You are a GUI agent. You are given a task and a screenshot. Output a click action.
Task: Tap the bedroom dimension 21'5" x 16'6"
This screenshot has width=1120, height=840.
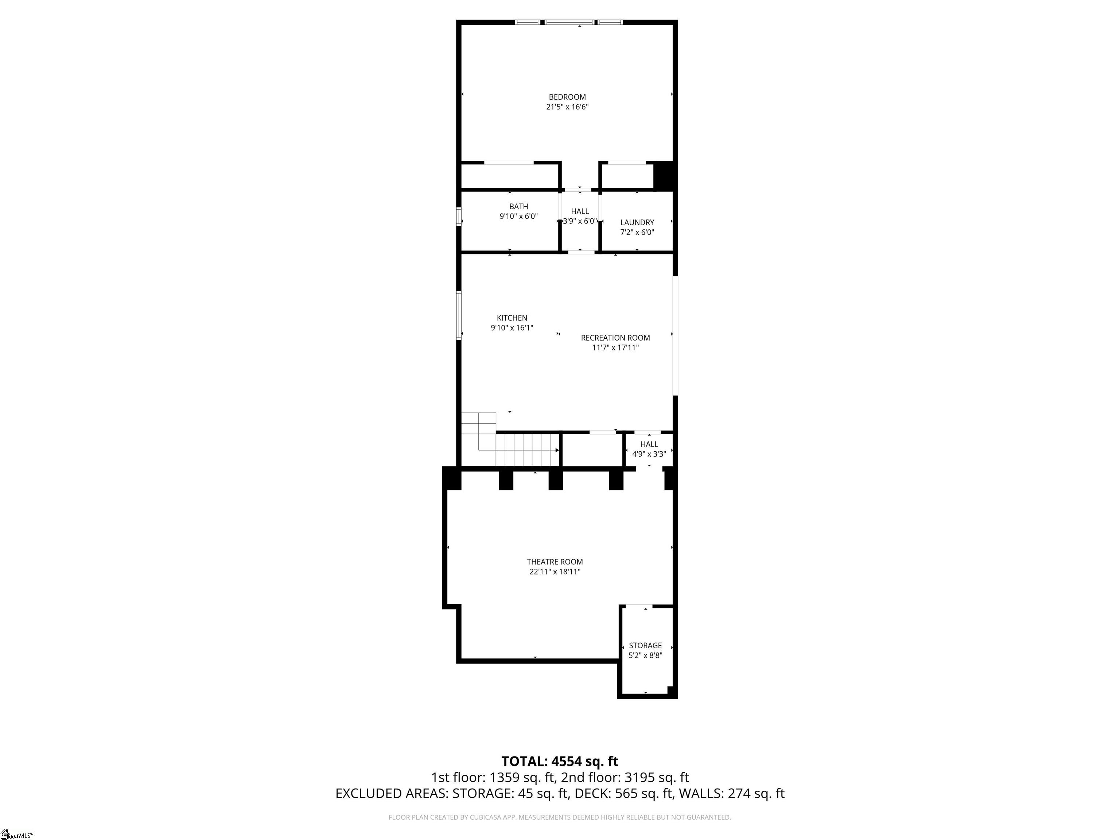point(567,107)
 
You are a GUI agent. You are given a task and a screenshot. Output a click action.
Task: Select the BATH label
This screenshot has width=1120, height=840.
point(518,207)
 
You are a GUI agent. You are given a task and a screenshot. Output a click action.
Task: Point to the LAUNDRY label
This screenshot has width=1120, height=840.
point(637,222)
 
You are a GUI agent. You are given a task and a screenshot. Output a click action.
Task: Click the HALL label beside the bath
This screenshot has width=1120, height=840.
point(580,211)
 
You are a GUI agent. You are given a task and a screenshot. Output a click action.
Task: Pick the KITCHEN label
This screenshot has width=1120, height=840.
point(512,318)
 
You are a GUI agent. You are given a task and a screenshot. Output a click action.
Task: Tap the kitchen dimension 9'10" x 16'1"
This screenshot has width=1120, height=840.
point(512,328)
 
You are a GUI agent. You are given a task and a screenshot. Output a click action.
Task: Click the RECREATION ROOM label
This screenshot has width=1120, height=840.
point(615,338)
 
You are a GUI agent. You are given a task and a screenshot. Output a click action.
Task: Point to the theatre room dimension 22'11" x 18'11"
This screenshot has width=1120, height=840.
point(555,572)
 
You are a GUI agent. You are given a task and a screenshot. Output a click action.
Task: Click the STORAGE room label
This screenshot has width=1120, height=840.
point(645,646)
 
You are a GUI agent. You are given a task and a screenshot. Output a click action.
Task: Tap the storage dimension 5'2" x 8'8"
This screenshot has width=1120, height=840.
point(645,655)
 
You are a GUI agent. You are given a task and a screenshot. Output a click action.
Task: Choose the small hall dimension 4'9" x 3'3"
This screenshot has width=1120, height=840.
point(649,454)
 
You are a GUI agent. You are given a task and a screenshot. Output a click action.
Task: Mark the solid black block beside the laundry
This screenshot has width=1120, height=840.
point(664,175)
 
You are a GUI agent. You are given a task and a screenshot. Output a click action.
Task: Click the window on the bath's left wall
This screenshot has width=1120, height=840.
point(459,216)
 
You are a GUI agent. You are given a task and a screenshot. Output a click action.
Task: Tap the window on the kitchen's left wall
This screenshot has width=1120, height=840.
point(459,315)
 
